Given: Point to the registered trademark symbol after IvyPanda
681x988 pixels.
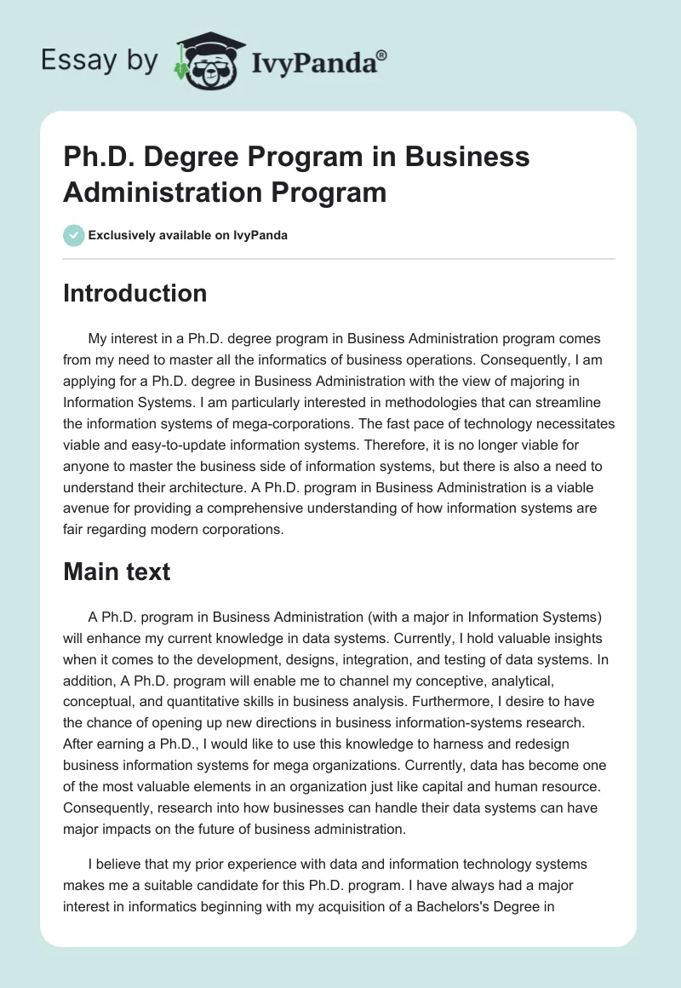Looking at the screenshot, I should click(382, 55).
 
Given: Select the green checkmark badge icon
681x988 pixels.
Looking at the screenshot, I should click(74, 235).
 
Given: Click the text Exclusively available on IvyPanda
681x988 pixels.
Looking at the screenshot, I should click(188, 235).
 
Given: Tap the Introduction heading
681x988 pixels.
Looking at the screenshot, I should click(134, 293).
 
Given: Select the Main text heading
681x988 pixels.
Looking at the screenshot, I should click(117, 572).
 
